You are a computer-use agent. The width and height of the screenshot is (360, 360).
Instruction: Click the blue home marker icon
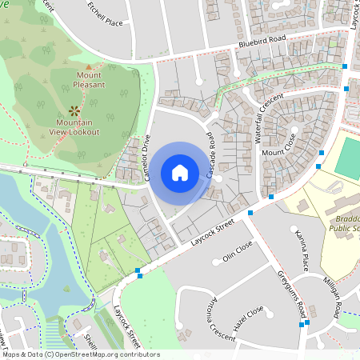point(180,173)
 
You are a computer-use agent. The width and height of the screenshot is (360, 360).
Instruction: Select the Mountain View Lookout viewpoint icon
point(74,110)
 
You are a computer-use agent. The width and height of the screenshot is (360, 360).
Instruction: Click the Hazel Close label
point(248,319)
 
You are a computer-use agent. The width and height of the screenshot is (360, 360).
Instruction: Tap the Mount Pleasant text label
point(89,79)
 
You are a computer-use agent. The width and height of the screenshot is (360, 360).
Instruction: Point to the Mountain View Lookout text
point(74,126)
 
